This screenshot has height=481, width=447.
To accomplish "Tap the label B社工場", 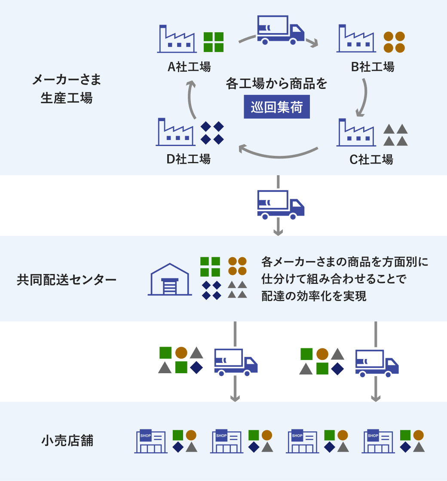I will pyautogui.click(x=372, y=67).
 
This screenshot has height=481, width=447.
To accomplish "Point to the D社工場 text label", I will pyautogui.click(x=188, y=159).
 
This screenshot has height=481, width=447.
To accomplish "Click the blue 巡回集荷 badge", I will pyautogui.click(x=277, y=107).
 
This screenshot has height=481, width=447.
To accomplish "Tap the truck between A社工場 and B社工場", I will pyautogui.click(x=280, y=30).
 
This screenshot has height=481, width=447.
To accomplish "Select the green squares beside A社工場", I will pyautogui.click(x=214, y=42).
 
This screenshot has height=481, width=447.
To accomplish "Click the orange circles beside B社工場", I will pyautogui.click(x=394, y=42).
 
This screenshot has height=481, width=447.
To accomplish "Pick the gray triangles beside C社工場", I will pyautogui.click(x=395, y=135).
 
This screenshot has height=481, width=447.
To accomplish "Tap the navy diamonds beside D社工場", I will pyautogui.click(x=212, y=133).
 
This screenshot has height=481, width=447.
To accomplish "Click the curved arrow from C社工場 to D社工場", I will pyautogui.click(x=279, y=152).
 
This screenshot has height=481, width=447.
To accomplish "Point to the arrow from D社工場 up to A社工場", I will pyautogui.click(x=192, y=99).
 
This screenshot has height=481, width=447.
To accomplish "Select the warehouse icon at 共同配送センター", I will pyautogui.click(x=170, y=280).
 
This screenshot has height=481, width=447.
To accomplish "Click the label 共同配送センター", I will pyautogui.click(x=67, y=280).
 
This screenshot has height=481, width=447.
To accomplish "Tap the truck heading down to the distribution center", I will pyautogui.click(x=281, y=203).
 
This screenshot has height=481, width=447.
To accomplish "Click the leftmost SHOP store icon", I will pyautogui.click(x=150, y=441).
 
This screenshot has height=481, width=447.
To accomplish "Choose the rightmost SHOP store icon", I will pyautogui.click(x=378, y=441).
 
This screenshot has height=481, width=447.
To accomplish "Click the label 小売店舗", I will pyautogui.click(x=67, y=441).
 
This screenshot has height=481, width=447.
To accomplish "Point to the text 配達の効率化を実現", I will pyautogui.click(x=314, y=296).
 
